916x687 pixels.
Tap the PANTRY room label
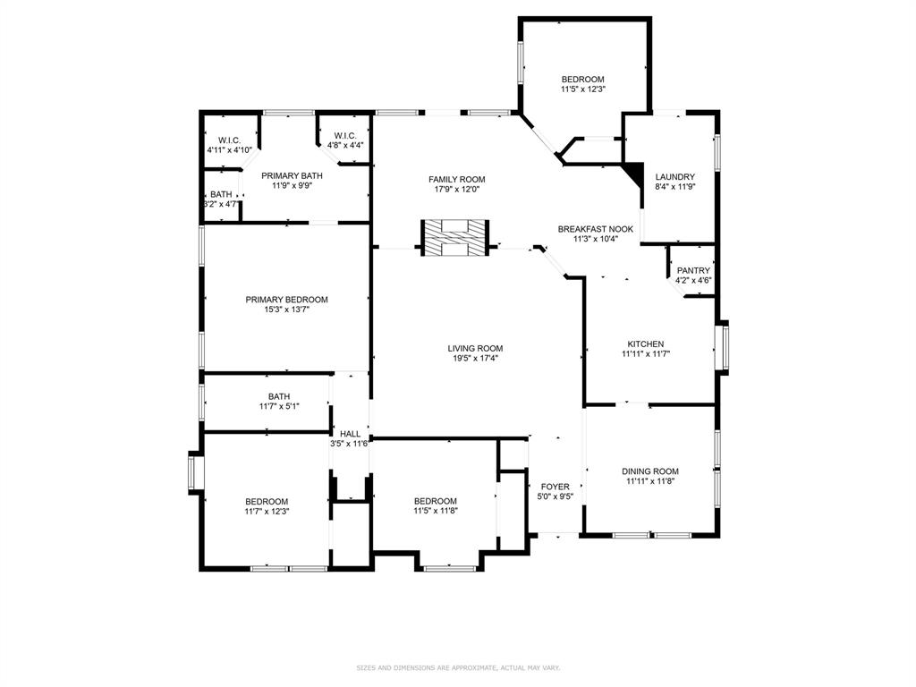693,270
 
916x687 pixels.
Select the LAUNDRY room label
674,177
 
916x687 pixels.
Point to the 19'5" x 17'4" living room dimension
475,359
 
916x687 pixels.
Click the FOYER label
555,487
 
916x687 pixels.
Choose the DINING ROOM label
650,471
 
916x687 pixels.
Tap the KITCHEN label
645,343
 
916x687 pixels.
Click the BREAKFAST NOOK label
596,229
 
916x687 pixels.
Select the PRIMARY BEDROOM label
286,300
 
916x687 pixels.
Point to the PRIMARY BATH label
292,175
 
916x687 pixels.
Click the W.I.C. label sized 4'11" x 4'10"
229,140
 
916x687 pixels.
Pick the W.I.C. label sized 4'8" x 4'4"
345,135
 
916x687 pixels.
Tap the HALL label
350,434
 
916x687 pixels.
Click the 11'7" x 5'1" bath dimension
279,406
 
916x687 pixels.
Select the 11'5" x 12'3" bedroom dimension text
583,89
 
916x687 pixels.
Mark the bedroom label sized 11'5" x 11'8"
436,501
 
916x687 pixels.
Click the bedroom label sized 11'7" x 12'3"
267,501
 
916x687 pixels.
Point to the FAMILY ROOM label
456,179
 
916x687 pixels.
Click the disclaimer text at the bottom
458,667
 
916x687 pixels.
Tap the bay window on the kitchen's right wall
722,345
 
